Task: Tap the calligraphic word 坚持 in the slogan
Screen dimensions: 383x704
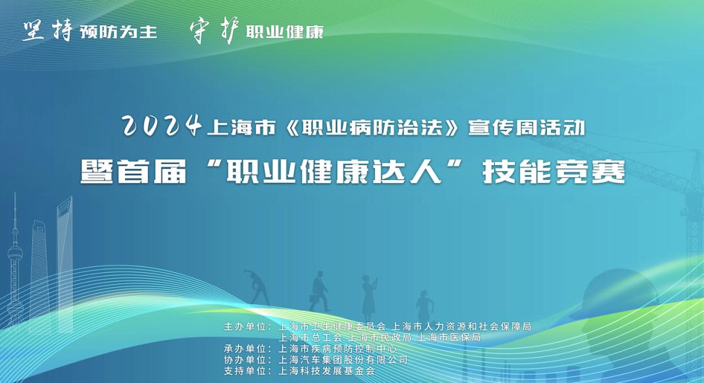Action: pos(47,31)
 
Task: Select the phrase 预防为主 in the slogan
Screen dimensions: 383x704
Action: pos(119,32)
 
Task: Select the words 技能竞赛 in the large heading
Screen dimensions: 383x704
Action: pos(553,172)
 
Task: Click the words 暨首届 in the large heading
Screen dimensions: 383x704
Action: pos(125,172)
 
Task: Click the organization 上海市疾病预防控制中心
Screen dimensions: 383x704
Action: pos(337,348)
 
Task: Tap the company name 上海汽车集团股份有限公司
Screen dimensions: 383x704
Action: pos(343,360)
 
